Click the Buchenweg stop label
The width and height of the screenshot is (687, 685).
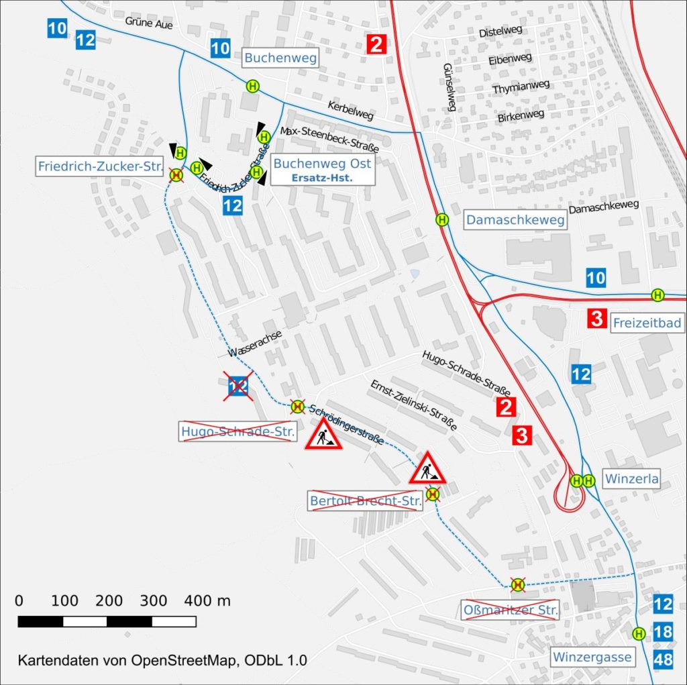click(x=280, y=58)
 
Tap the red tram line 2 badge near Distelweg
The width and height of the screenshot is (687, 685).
click(x=376, y=46)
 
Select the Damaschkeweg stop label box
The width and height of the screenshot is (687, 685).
click(x=515, y=219)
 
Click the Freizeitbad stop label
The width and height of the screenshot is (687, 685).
click(x=647, y=323)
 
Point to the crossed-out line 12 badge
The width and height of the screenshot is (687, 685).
click(x=239, y=386)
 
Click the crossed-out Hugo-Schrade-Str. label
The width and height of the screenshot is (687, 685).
click(x=237, y=431)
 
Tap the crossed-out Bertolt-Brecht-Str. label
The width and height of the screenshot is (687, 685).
click(x=365, y=500)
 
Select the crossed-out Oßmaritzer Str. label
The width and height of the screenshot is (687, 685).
click(x=511, y=611)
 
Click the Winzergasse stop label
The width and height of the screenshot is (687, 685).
click(x=591, y=657)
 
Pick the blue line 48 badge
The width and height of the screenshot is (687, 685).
click(x=663, y=660)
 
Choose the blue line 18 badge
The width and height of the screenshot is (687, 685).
click(x=663, y=632)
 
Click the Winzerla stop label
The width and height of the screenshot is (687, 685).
click(x=631, y=480)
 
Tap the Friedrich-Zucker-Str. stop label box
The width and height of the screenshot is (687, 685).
click(x=101, y=166)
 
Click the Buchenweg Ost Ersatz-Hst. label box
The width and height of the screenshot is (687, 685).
click(x=322, y=170)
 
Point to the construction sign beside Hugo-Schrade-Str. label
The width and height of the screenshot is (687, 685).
click(x=323, y=435)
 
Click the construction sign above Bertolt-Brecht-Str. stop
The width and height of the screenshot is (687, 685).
click(x=427, y=468)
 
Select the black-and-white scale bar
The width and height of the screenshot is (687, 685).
click(x=107, y=621)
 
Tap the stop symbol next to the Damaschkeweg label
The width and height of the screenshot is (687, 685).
click(x=442, y=219)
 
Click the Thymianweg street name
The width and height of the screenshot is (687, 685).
click(x=521, y=87)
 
